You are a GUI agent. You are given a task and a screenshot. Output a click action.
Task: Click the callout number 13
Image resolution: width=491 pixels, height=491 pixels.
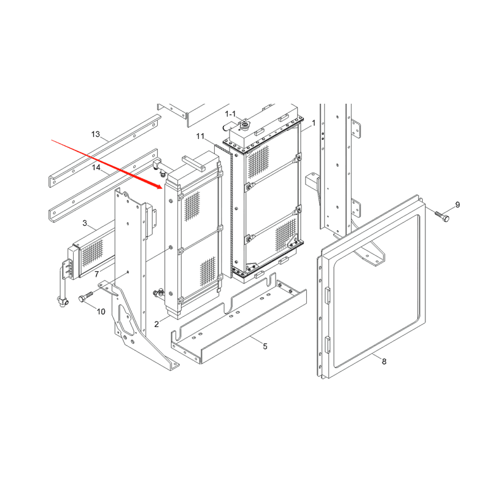96,134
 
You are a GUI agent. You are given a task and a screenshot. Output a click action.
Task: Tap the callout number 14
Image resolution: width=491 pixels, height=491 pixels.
96,168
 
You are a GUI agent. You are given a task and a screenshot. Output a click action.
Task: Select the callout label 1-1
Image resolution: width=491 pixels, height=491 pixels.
231,114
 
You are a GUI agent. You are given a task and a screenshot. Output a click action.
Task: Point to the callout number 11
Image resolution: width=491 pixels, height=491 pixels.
201,136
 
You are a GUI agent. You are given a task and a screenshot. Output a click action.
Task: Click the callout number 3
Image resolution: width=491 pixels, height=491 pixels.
85,223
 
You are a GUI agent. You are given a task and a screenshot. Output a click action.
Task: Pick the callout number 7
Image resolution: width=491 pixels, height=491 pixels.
97,274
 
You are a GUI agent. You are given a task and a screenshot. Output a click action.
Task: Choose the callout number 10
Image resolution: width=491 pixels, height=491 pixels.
101,312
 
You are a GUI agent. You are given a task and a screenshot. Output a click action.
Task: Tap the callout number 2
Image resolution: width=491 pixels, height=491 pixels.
157,324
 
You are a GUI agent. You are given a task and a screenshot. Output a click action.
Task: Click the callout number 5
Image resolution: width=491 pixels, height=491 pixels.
265,346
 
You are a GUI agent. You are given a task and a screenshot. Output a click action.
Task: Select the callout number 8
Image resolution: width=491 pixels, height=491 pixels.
384,361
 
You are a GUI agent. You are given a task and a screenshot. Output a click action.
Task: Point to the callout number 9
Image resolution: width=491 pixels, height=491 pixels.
457,205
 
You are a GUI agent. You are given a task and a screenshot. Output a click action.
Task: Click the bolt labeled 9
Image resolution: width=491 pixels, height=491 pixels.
442,216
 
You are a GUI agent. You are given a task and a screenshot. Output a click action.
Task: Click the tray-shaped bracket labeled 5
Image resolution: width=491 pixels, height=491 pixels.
239,319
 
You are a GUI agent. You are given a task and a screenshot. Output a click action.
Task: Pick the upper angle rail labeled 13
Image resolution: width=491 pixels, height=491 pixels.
105,151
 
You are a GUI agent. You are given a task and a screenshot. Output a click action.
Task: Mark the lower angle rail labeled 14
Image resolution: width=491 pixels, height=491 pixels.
103,185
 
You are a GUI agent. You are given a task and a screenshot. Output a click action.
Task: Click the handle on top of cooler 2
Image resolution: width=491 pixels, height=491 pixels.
194,163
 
